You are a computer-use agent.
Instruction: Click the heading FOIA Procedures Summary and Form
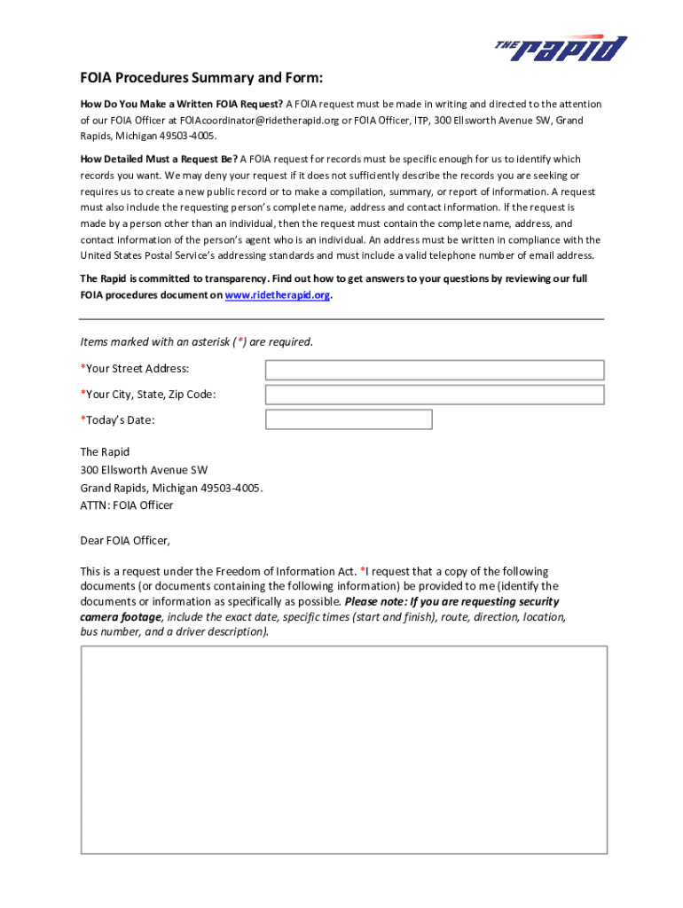(x=201, y=77)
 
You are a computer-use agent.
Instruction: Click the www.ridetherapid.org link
(x=278, y=295)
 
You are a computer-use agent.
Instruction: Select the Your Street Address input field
(x=435, y=370)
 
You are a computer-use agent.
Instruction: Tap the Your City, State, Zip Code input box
(x=435, y=395)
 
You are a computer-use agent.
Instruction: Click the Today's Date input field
(x=349, y=419)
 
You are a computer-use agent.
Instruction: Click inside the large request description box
(x=344, y=749)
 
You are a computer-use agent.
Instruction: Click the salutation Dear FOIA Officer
(x=125, y=539)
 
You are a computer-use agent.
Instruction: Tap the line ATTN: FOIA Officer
(x=127, y=505)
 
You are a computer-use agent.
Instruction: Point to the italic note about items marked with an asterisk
(x=196, y=342)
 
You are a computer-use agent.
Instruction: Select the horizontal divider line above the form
(x=341, y=319)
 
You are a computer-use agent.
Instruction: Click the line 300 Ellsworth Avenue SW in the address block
(x=144, y=470)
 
